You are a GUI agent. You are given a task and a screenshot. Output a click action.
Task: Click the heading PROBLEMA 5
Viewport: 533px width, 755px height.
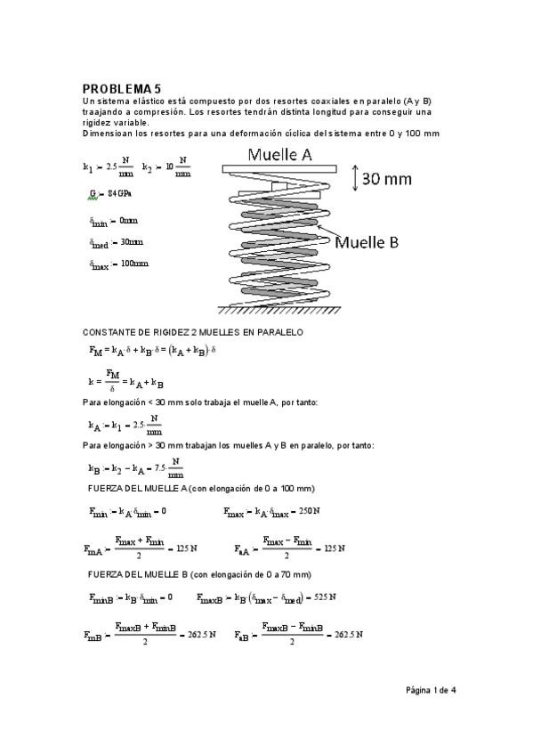(x=122, y=89)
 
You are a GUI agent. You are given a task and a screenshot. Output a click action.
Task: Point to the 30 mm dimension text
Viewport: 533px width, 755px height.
(x=386, y=178)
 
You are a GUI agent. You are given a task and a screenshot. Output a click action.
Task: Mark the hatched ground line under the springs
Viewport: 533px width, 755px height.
(x=277, y=312)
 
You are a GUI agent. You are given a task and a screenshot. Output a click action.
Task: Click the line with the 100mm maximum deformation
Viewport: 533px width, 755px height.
(x=119, y=264)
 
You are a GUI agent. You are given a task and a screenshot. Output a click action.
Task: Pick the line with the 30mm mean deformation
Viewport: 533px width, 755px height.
(x=117, y=241)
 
